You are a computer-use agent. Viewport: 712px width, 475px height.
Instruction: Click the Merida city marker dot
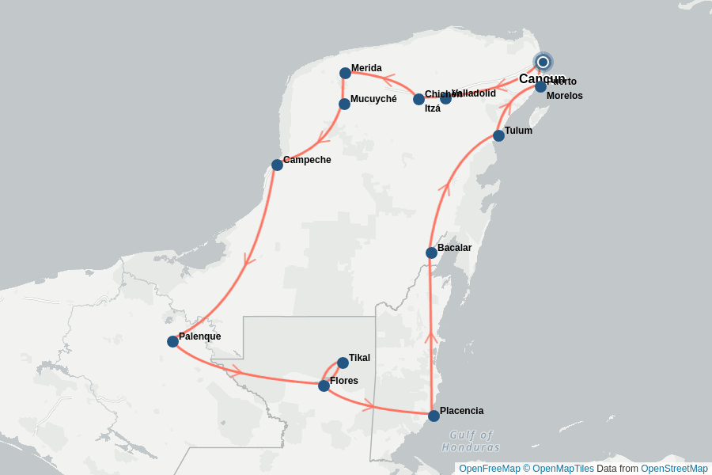point(345,73)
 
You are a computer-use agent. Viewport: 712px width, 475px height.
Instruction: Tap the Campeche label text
point(307,160)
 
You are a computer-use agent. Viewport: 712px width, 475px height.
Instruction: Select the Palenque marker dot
point(172,341)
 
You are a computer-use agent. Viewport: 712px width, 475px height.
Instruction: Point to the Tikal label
point(359,358)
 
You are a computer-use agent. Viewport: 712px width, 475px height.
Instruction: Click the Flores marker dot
point(324,386)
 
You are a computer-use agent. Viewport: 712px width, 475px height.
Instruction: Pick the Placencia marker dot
point(434,416)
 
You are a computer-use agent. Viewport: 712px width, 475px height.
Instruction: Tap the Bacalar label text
point(454,248)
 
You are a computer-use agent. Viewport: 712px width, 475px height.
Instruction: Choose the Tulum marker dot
point(498,135)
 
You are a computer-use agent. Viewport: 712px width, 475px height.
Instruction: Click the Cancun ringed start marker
point(543,62)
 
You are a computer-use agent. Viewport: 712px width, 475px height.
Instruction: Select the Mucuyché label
point(373,99)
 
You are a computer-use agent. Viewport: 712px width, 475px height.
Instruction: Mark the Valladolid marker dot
point(445,98)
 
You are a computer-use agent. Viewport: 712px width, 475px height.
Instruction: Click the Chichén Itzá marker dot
point(418,99)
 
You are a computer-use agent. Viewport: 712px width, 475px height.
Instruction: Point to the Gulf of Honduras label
point(471,441)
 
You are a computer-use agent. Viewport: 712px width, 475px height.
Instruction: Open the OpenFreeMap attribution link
point(489,469)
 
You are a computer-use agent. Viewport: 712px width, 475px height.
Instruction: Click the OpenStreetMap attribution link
point(674,469)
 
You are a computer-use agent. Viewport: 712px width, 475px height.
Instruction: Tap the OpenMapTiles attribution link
point(563,469)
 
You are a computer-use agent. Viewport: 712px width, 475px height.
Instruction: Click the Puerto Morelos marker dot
point(540,86)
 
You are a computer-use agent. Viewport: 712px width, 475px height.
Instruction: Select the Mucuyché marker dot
point(344,104)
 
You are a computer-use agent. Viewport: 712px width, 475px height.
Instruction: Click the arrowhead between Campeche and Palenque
point(249,259)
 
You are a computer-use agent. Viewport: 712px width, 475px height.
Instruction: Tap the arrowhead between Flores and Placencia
point(368,406)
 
